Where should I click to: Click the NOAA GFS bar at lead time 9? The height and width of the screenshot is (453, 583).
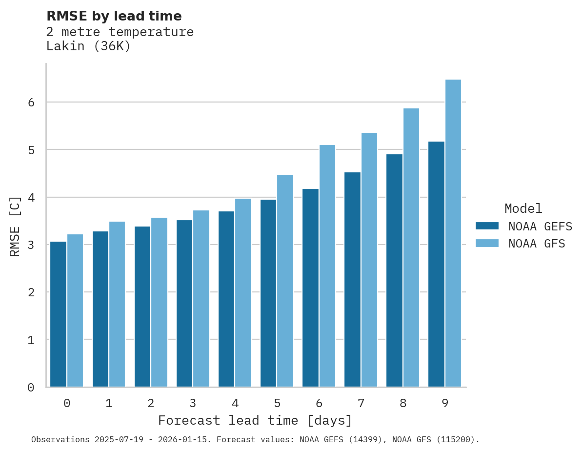click(x=453, y=233)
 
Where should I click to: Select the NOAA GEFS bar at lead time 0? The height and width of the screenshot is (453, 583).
click(x=59, y=314)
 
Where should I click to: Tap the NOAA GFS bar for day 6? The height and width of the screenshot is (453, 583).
click(x=327, y=266)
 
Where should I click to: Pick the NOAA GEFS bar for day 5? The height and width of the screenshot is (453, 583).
click(x=268, y=293)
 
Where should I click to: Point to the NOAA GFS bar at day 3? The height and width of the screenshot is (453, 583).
click(x=201, y=299)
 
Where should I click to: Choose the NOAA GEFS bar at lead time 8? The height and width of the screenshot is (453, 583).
click(x=394, y=271)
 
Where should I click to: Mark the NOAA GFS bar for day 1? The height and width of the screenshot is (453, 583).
click(x=117, y=304)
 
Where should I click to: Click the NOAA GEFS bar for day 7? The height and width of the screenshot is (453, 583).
click(x=352, y=280)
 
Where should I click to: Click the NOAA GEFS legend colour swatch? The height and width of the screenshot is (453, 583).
click(x=487, y=226)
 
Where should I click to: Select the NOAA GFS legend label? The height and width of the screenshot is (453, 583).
click(x=537, y=244)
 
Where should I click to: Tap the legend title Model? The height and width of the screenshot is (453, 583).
click(x=523, y=209)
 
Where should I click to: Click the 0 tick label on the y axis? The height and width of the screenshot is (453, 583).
click(x=30, y=388)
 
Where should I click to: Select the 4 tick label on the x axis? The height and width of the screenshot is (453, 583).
click(x=235, y=404)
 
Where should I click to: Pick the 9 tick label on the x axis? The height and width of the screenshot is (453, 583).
click(x=445, y=404)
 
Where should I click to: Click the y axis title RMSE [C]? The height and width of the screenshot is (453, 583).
click(x=15, y=226)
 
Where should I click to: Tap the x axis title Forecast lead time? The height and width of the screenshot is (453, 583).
click(x=255, y=421)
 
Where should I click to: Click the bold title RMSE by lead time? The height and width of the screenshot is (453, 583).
click(x=114, y=16)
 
